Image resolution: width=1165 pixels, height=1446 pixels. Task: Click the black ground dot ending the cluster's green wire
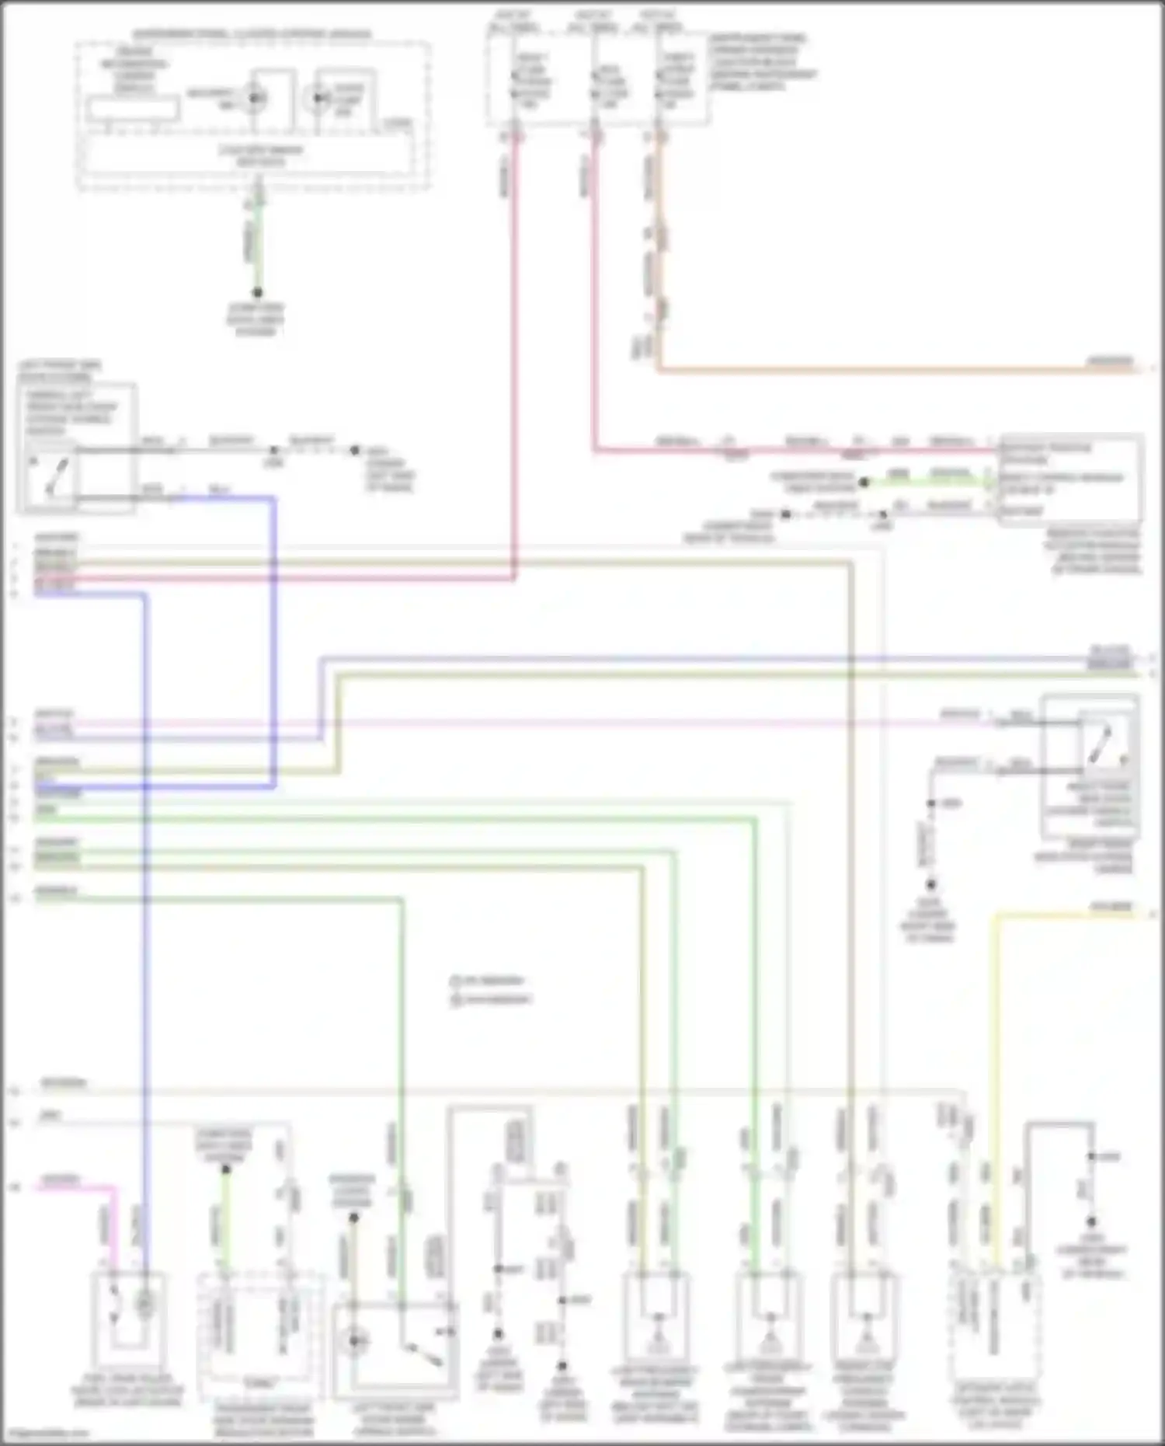point(257,293)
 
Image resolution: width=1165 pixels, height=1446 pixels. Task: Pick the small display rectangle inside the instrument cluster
point(132,109)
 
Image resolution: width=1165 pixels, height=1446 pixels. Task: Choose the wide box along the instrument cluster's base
point(247,155)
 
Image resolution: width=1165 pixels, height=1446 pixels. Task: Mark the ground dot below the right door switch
point(930,884)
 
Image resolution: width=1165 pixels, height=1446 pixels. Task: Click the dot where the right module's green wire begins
point(863,483)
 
